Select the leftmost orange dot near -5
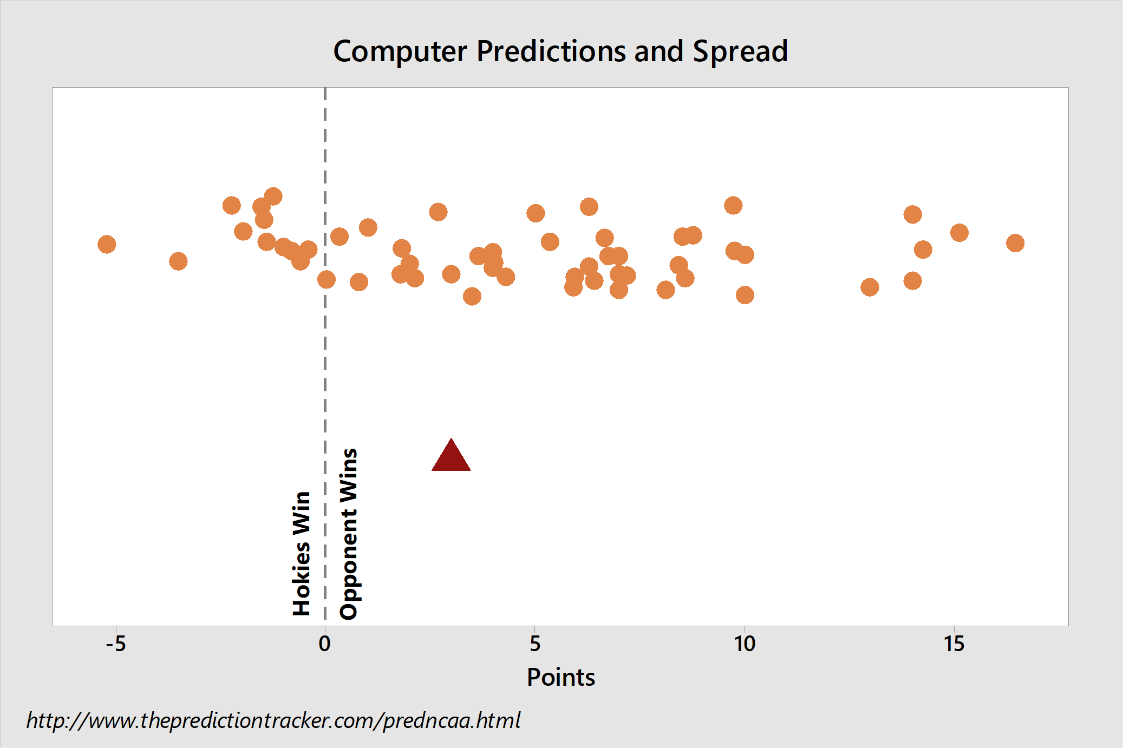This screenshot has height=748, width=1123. (107, 244)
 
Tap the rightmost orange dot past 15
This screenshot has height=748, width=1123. (1015, 243)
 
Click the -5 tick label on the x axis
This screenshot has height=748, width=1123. (116, 644)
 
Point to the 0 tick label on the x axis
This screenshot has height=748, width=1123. (325, 644)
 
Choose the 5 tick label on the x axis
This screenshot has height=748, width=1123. (535, 644)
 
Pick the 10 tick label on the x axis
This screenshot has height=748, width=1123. (745, 644)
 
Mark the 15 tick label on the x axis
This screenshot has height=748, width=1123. (954, 644)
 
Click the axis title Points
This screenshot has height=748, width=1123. (561, 678)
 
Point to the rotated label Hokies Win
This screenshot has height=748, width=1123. (302, 553)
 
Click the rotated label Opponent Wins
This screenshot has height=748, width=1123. (349, 534)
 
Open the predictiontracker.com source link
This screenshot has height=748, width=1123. (273, 721)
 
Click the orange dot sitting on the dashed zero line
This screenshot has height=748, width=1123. (326, 279)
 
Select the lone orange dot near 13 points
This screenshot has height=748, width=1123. (870, 287)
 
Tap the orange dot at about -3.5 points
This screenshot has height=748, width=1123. (178, 261)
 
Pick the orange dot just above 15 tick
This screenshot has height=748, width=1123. (959, 233)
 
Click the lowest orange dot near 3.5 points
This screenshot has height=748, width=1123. (472, 296)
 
